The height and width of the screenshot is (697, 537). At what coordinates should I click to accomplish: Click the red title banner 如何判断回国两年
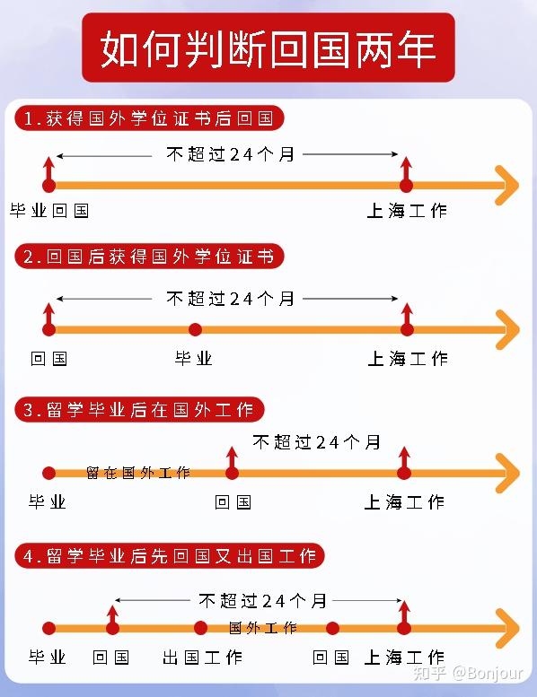pyautogui.click(x=268, y=48)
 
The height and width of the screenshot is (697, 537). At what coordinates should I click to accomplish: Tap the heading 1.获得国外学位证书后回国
pyautogui.click(x=149, y=118)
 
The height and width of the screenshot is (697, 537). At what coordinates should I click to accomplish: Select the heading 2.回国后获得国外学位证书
pyautogui.click(x=149, y=257)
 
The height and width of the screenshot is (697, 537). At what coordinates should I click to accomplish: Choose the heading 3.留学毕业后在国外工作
pyautogui.click(x=139, y=409)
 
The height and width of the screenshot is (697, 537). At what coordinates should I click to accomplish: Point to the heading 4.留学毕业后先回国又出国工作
pyautogui.click(x=170, y=555)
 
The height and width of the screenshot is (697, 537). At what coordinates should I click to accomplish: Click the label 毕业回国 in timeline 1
pyautogui.click(x=49, y=211)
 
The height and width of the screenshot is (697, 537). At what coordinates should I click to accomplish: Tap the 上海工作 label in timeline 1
pyautogui.click(x=407, y=211)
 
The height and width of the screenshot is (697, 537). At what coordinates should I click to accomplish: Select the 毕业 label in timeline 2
pyautogui.click(x=194, y=358)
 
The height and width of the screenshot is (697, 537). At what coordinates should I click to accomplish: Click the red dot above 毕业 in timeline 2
pyautogui.click(x=195, y=329)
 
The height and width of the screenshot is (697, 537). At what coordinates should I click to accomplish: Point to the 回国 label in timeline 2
pyautogui.click(x=48, y=358)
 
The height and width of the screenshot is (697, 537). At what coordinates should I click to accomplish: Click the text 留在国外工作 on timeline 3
pyautogui.click(x=138, y=473)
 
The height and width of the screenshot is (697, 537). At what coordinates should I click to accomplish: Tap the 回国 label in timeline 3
pyautogui.click(x=233, y=502)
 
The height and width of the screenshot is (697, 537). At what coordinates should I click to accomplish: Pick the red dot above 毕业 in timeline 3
pyautogui.click(x=48, y=473)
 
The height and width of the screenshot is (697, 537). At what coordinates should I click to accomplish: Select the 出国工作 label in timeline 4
pyautogui.click(x=202, y=657)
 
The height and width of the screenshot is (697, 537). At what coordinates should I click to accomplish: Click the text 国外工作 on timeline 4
pyautogui.click(x=262, y=628)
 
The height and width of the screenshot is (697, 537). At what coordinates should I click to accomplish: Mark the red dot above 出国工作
pyautogui.click(x=200, y=628)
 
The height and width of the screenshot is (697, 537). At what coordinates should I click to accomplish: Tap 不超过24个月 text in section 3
pyautogui.click(x=316, y=442)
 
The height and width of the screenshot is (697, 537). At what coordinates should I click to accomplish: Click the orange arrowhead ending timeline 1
pyautogui.click(x=507, y=186)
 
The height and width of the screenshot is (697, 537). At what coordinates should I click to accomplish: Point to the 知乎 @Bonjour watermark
pyautogui.click(x=468, y=674)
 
